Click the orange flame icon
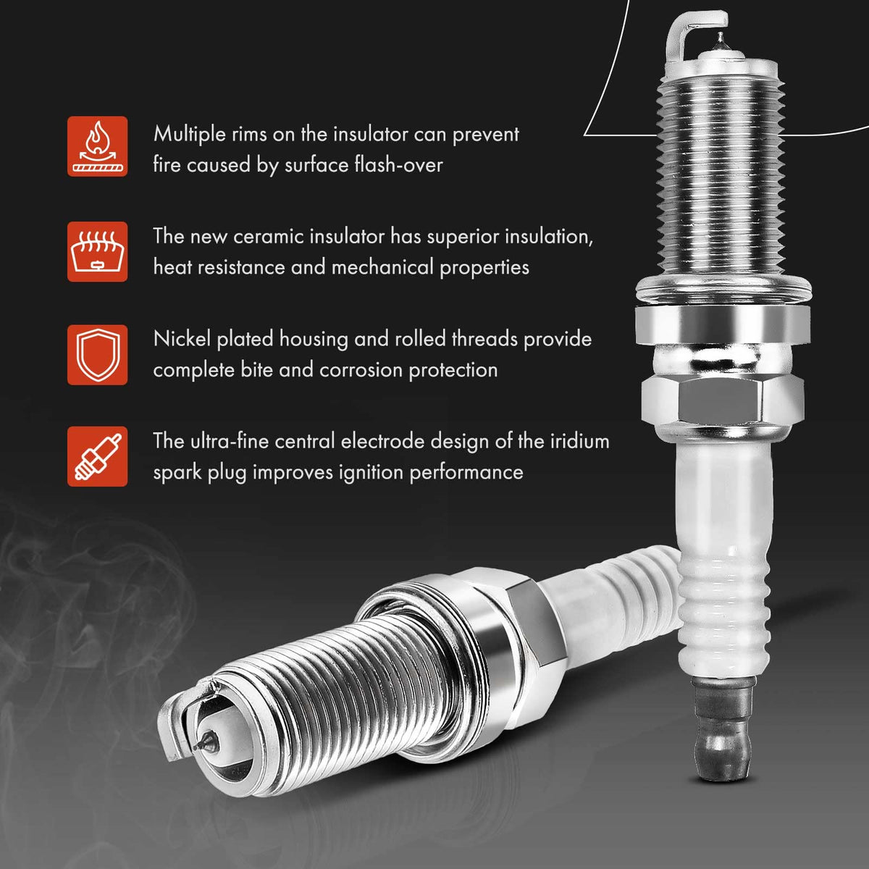click(98, 146)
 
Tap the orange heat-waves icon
click(98, 251)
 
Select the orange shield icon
click(98, 354)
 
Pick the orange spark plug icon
click(98, 456)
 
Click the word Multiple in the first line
click(190, 135)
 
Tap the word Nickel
click(182, 339)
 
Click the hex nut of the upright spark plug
click(723, 399)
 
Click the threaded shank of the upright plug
click(721, 176)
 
